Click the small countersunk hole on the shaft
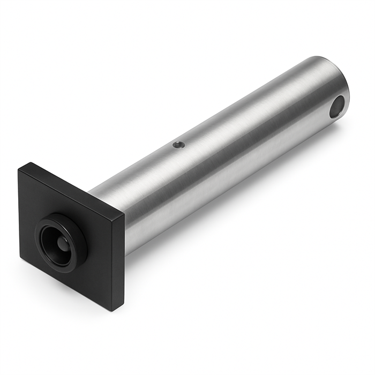point(177,144)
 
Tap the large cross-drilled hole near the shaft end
point(337,107)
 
